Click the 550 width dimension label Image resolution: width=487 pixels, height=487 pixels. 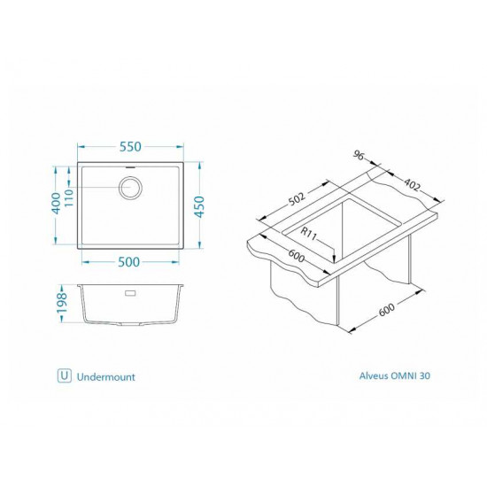(130, 147)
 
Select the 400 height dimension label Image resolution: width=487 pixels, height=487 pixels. (57, 203)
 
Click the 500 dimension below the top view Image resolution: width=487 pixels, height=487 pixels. (130, 261)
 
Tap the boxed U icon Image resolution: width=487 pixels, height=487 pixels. (64, 375)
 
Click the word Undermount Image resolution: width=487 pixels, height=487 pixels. (106, 375)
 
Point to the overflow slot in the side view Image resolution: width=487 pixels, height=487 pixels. (130, 290)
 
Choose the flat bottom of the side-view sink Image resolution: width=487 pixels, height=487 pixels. (130, 323)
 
